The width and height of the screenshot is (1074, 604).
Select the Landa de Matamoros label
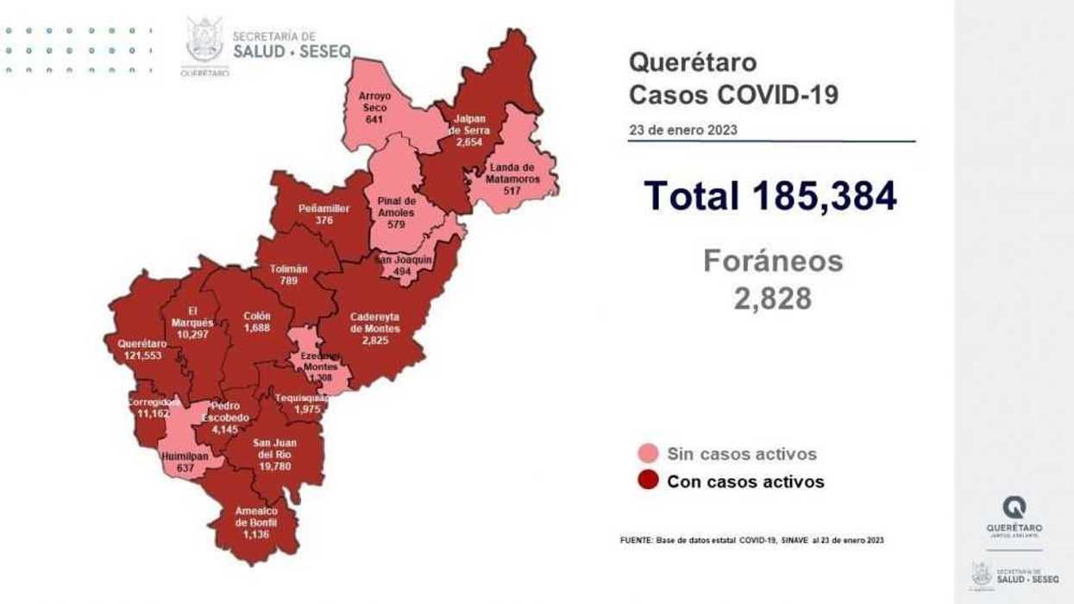(513, 172)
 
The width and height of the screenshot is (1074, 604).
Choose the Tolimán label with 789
(288, 274)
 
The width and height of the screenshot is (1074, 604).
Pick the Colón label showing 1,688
(257, 321)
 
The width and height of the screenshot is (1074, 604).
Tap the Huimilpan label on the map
(183, 462)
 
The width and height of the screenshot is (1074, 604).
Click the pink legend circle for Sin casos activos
(648, 454)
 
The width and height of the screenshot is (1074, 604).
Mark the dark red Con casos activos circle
(648, 481)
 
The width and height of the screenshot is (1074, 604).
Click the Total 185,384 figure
(770, 197)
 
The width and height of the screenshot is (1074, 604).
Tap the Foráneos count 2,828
(773, 298)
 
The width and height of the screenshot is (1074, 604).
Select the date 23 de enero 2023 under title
(683, 129)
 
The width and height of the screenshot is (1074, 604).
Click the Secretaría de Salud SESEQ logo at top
(267, 46)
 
